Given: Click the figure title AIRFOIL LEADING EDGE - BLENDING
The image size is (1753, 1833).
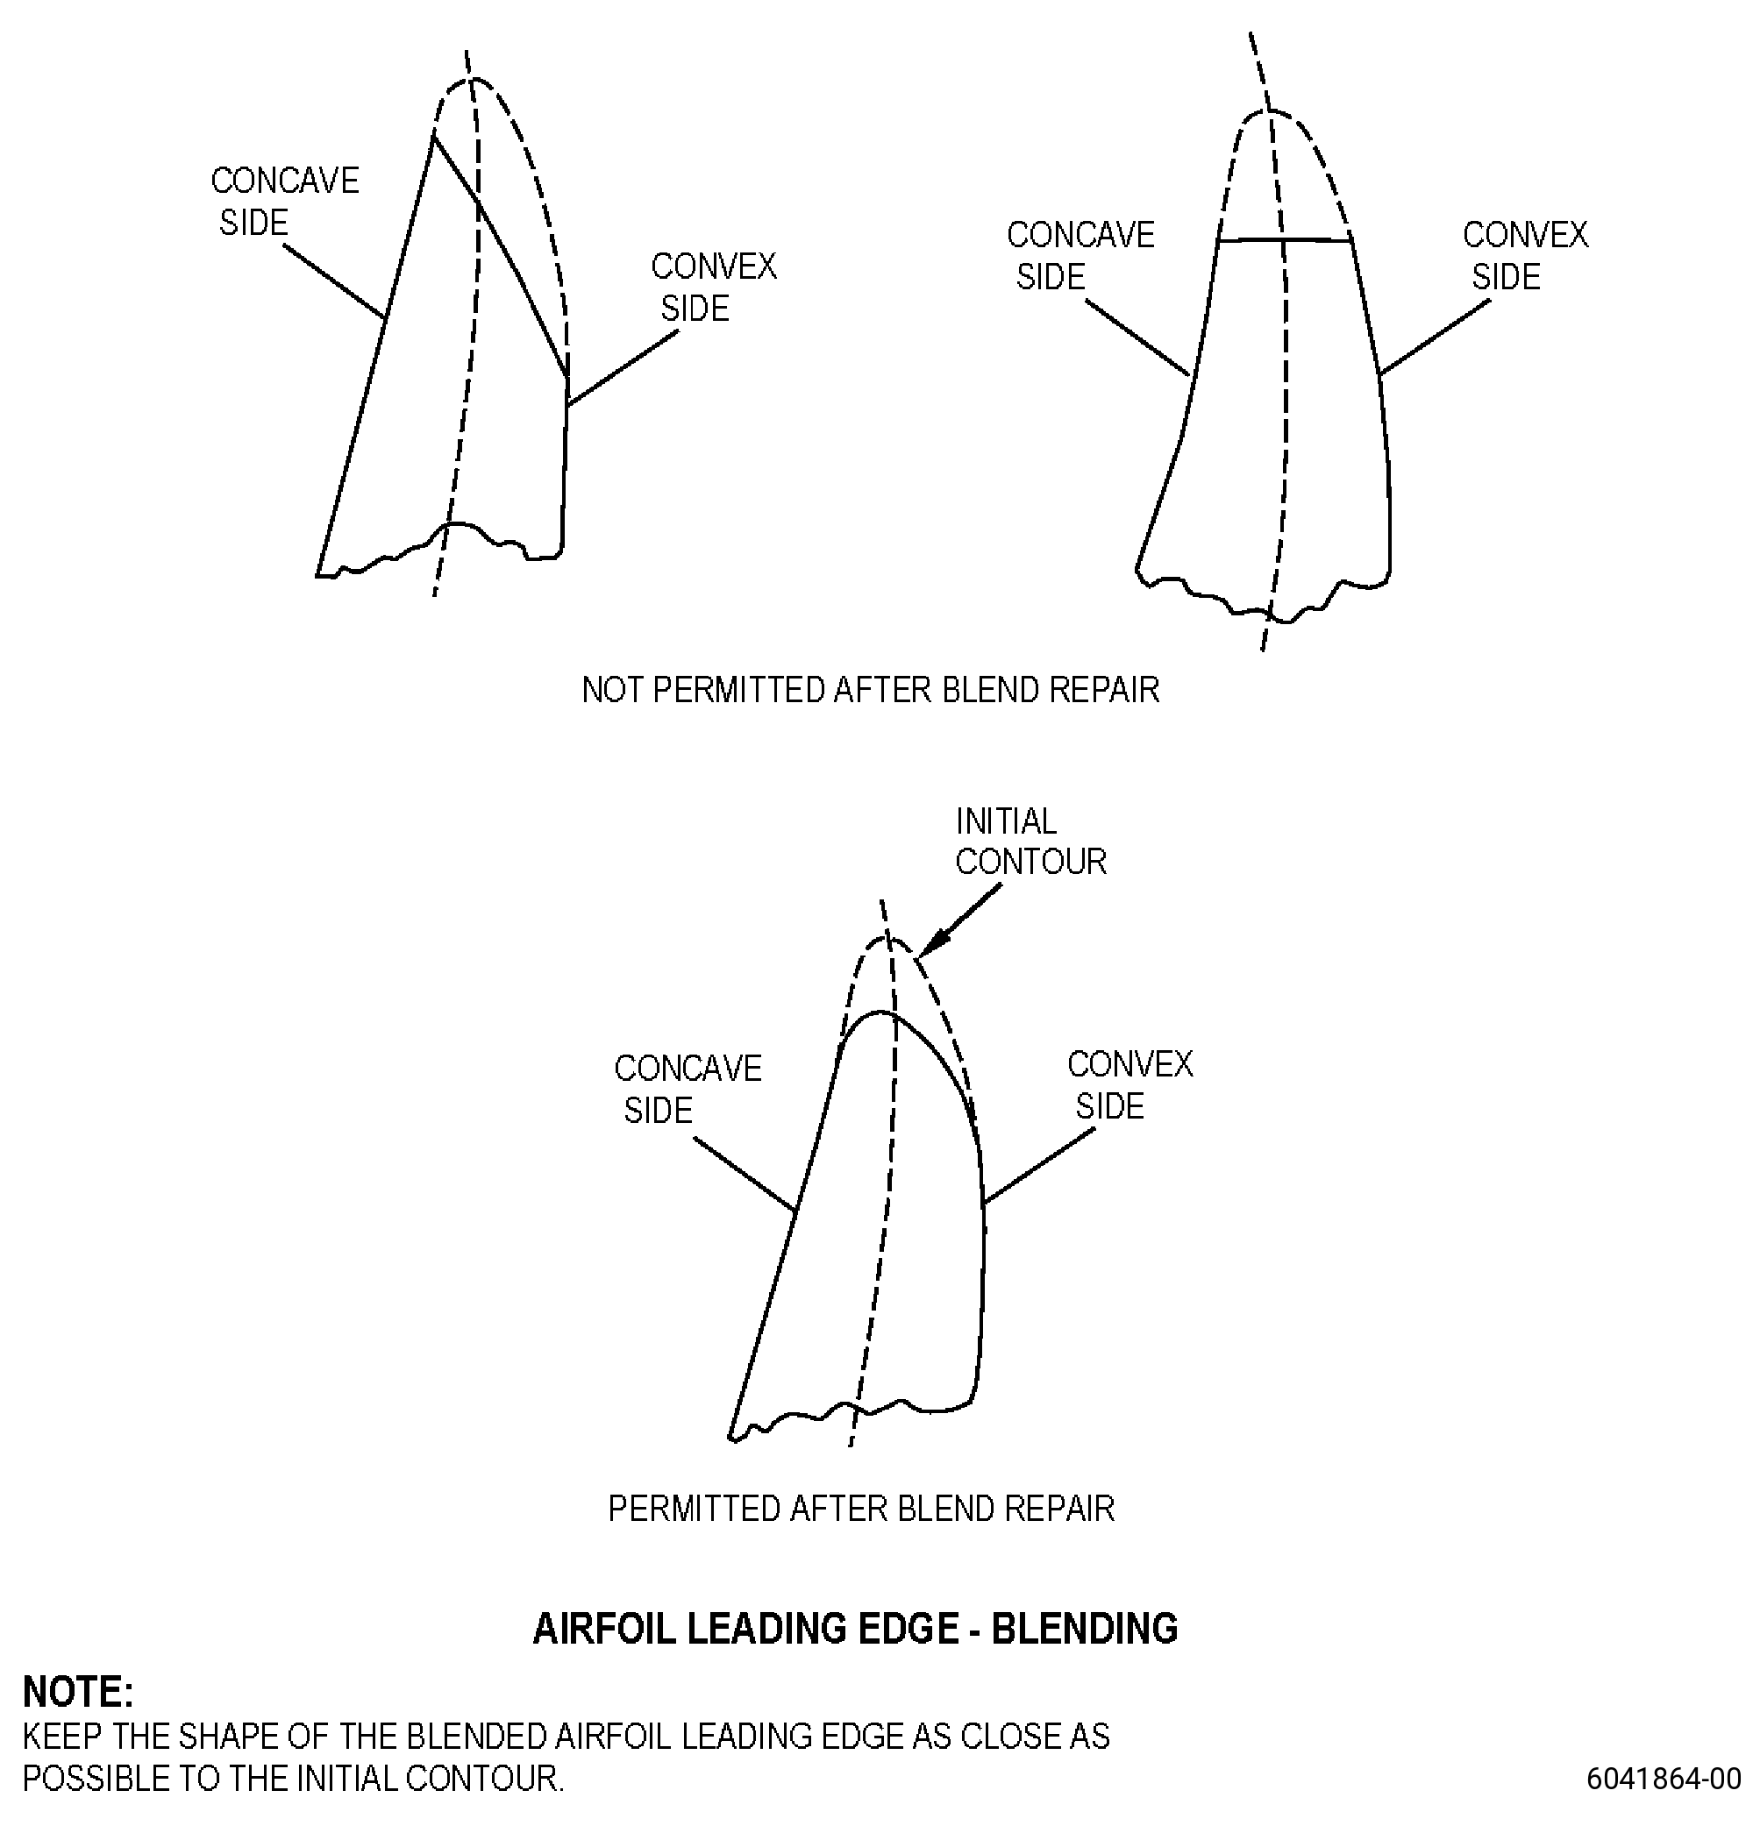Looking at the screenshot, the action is [855, 1629].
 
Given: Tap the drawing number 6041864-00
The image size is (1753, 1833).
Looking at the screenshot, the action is [1664, 1779].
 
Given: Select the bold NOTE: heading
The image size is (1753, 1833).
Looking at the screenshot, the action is [79, 1692].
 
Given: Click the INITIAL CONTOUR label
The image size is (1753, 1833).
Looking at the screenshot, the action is [1030, 841].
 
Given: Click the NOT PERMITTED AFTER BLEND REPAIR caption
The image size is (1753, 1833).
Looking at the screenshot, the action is [870, 690].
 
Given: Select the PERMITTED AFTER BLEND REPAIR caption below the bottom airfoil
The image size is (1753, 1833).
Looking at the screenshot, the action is [860, 1509].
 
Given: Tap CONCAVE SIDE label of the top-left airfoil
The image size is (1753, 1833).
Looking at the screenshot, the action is [285, 201].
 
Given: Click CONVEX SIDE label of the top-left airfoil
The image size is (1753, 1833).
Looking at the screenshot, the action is [714, 287].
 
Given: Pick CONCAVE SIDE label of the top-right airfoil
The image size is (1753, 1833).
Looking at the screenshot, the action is [1080, 255].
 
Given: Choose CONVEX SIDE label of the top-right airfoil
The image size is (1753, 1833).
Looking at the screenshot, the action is [1525, 255].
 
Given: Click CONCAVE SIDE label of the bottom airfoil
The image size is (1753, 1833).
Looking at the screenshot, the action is [688, 1089].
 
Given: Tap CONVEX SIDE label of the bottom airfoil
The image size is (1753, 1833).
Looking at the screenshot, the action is [1129, 1084].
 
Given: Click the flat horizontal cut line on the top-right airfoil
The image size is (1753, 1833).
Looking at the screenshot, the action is [1285, 241].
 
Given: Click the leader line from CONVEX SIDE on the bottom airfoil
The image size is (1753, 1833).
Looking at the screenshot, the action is [1039, 1166].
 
